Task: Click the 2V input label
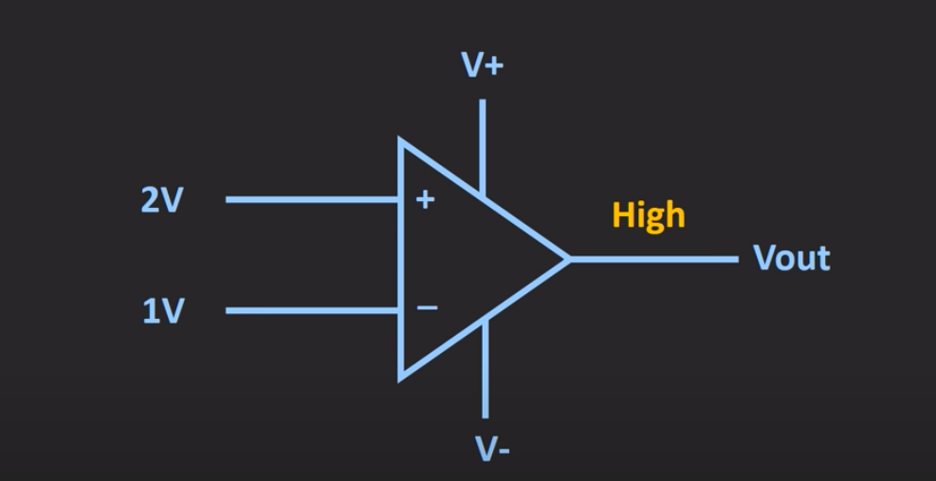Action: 161,200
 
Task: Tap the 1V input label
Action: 162,311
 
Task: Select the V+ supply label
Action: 482,65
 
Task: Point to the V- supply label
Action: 492,448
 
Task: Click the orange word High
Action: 649,214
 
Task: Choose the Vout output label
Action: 791,258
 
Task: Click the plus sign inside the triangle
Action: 426,200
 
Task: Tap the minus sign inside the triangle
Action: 428,308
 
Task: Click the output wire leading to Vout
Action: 654,258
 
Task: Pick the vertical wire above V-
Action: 485,370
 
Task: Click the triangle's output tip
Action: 568,258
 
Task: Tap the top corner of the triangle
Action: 401,141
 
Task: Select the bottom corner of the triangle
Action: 401,377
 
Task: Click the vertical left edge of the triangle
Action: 401,256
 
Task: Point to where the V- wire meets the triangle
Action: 485,322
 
